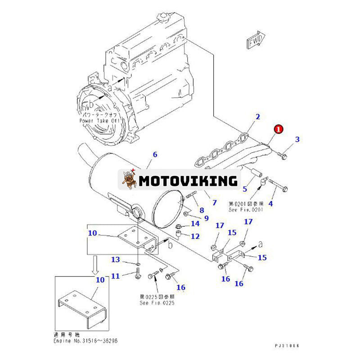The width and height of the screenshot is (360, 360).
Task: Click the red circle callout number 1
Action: pos(279,129)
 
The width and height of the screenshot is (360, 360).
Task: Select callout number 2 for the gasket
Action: pos(258,117)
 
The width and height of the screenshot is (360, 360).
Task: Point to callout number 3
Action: pos(297,140)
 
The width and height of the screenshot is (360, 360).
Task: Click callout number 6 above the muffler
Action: pos(156,154)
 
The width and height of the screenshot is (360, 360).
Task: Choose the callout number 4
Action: pos(270,204)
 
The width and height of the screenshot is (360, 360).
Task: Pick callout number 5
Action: pos(245,189)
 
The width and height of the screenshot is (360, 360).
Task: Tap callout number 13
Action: pos(116,260)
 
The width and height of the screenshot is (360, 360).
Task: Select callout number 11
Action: pos(116,276)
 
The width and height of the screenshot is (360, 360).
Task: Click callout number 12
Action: pos(195,236)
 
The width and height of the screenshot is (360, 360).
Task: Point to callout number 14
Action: pos(195,223)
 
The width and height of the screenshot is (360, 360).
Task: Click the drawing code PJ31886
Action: pos(287,346)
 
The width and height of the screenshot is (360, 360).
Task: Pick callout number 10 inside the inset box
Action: pos(100,279)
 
